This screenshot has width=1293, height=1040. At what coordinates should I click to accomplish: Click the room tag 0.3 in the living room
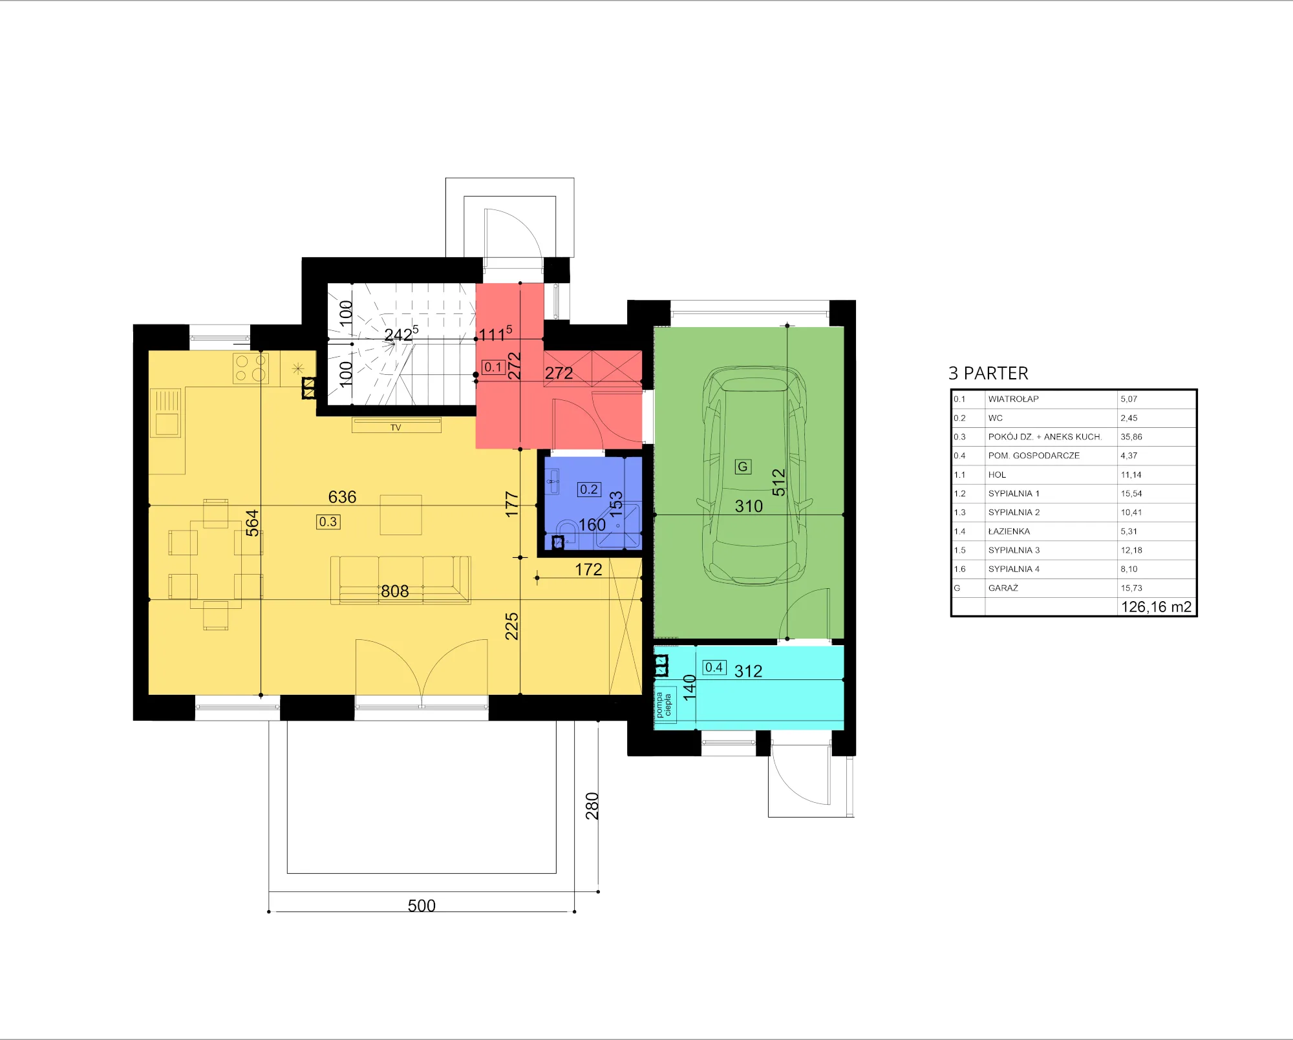(x=328, y=522)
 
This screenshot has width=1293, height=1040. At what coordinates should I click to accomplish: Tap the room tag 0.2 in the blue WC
(x=589, y=489)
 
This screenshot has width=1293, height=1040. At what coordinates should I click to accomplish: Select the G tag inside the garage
(x=743, y=467)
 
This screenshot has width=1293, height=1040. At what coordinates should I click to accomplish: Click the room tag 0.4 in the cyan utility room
(x=714, y=667)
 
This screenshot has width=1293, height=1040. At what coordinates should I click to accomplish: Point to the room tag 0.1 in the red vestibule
(x=493, y=367)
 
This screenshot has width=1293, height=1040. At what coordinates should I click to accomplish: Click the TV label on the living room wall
(x=396, y=427)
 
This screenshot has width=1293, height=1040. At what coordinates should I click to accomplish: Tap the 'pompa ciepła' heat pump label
(x=664, y=705)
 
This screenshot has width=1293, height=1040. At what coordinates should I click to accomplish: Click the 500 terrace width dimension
(x=422, y=905)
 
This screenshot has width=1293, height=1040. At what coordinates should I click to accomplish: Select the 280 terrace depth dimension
(x=592, y=806)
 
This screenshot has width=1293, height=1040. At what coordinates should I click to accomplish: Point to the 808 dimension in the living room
(x=395, y=591)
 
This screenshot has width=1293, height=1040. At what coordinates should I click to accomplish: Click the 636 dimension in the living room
(x=342, y=496)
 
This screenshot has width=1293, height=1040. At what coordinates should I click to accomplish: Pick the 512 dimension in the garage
(x=778, y=482)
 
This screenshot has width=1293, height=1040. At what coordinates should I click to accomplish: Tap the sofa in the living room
(x=401, y=580)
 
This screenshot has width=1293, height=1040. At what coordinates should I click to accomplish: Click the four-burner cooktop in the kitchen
(x=251, y=368)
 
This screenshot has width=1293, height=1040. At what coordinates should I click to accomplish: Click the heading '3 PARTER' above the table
(x=988, y=373)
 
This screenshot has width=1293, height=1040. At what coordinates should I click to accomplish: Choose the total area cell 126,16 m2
(x=1156, y=606)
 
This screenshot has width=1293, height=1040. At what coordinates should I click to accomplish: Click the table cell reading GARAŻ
(x=1003, y=588)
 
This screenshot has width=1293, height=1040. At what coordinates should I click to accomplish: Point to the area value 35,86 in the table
(x=1131, y=437)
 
